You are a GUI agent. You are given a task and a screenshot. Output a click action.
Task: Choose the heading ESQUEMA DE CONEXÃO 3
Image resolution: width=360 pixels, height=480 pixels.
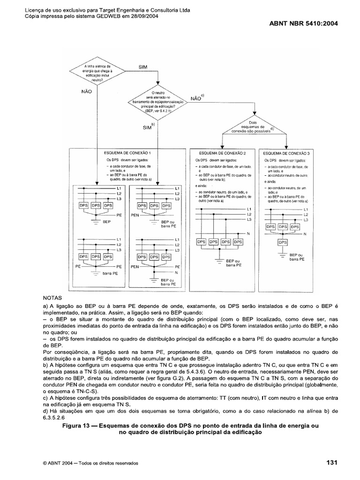(x=286, y=153)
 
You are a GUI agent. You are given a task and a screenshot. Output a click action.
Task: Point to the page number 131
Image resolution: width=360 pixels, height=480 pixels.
(x=332, y=463)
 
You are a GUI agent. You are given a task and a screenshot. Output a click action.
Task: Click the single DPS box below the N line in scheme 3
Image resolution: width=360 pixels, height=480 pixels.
(x=282, y=242)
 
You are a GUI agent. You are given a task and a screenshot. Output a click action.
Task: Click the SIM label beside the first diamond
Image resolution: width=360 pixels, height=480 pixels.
(x=143, y=67)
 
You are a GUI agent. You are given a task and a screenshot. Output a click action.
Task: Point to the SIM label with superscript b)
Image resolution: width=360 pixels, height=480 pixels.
(x=148, y=127)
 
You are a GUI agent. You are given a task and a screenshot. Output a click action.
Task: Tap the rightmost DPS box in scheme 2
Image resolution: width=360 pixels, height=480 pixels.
(x=238, y=242)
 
